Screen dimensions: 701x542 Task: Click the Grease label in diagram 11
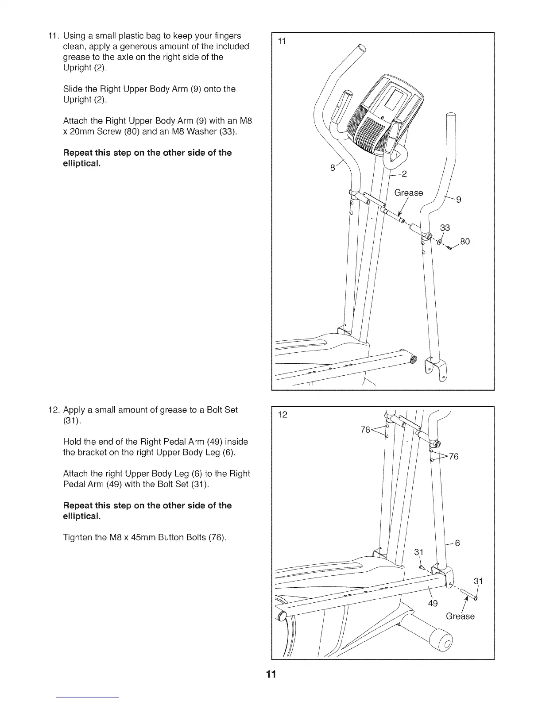[x=408, y=193]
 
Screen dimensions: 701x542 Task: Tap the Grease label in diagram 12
[x=460, y=616]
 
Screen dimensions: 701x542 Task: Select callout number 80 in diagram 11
[x=465, y=242]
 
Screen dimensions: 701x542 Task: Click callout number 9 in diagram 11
[x=459, y=200]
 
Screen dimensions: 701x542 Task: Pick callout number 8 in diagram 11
[x=333, y=168]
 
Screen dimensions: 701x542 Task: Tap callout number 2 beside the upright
[x=404, y=173]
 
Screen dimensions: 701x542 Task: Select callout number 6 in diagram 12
[x=458, y=543]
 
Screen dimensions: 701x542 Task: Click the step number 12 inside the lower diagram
[x=283, y=415]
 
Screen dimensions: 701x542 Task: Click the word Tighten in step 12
[x=77, y=537]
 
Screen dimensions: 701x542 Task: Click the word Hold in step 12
[x=72, y=442]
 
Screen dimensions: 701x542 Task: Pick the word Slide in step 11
[x=73, y=89]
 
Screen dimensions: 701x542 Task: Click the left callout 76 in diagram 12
[x=365, y=430]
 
